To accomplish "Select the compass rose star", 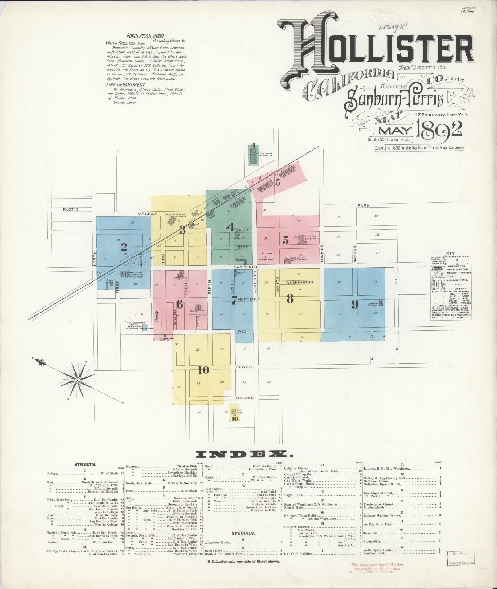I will coord(77,381).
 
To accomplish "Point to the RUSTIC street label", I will coord(71,209).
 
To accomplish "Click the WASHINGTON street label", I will coord(299,282).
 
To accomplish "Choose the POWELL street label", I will coord(245,367).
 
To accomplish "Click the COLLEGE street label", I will coord(244,398).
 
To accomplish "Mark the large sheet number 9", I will coord(355,305).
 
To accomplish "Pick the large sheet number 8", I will coord(290,299).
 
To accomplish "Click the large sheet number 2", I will coord(124,247).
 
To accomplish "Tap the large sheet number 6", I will coord(180,305).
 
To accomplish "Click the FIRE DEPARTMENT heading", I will coord(125,84).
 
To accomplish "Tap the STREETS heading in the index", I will coord(85,472).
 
